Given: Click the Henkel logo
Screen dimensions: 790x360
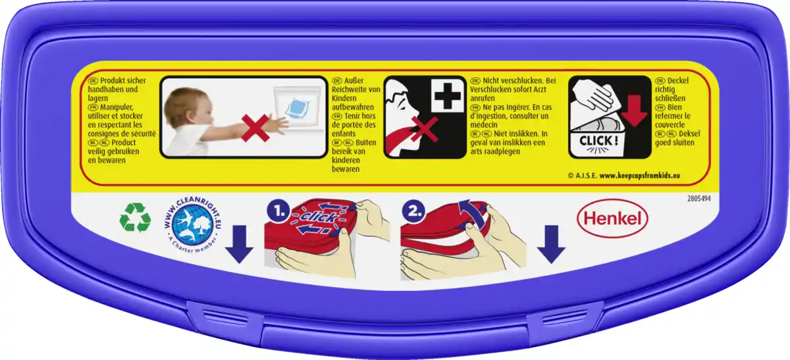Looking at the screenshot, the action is pyautogui.click(x=613, y=219).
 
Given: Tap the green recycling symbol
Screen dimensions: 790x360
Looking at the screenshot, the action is pyautogui.click(x=135, y=218).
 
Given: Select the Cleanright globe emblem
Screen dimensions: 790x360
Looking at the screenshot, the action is pyautogui.click(x=192, y=225).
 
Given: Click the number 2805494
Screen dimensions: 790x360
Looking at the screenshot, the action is pyautogui.click(x=698, y=199).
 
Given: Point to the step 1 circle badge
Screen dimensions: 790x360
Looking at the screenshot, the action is pyautogui.click(x=278, y=211).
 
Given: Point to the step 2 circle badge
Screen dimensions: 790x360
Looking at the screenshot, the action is pyautogui.click(x=414, y=211).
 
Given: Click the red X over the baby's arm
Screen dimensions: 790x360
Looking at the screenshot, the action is pyautogui.click(x=255, y=128).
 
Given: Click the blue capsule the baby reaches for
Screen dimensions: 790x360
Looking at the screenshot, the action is pyautogui.click(x=298, y=108).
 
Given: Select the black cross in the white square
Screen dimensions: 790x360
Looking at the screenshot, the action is pyautogui.click(x=448, y=95).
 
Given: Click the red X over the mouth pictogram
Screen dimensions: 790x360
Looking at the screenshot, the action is pyautogui.click(x=424, y=130).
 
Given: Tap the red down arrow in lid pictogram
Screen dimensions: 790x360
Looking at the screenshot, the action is pyautogui.click(x=634, y=110).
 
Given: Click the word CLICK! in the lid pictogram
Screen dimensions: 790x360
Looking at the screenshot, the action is pyautogui.click(x=598, y=141).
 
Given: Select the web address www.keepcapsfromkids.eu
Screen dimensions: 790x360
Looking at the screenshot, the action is pyautogui.click(x=640, y=176).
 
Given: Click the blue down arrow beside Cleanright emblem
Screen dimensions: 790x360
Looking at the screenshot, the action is pyautogui.click(x=240, y=244).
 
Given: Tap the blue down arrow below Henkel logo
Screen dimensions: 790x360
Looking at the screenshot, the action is pyautogui.click(x=551, y=244).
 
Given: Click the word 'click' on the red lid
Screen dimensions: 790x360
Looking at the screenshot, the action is pyautogui.click(x=319, y=217).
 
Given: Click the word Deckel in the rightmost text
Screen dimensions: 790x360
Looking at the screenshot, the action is pyautogui.click(x=678, y=81).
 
